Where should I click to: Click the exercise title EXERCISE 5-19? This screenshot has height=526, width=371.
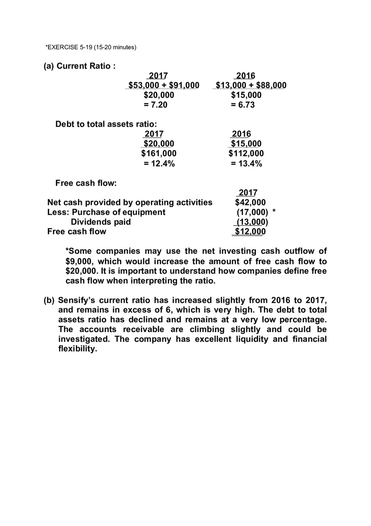(91, 47)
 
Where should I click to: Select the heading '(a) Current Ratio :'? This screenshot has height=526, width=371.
(80, 66)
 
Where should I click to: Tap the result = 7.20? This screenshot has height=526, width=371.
(155, 105)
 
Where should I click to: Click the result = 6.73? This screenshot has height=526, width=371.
(243, 105)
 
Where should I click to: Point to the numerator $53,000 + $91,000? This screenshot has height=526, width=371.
(164, 86)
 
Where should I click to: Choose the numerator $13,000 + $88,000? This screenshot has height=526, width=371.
(251, 86)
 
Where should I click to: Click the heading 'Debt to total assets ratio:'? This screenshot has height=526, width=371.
(106, 124)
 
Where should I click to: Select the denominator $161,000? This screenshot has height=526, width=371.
(159, 154)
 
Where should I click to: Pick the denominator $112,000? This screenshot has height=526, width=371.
(246, 154)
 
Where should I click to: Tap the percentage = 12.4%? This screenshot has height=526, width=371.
(159, 164)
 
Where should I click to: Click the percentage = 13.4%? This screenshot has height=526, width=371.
(247, 164)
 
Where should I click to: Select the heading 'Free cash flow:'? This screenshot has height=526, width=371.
(86, 183)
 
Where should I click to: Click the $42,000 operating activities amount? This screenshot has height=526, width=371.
(250, 202)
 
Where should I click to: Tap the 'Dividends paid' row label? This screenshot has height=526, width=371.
(101, 222)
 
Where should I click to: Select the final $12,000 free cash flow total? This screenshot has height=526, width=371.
(250, 232)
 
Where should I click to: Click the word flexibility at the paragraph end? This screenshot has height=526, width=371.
(77, 349)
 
